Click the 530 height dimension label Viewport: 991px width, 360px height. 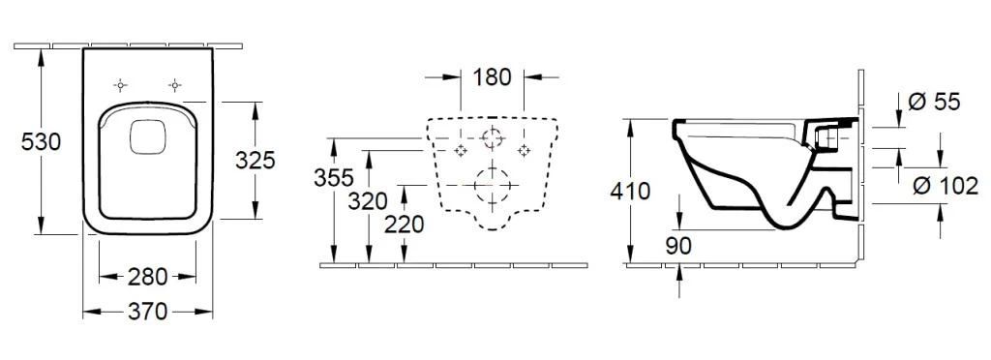point(41,142)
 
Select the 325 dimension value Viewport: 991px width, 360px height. point(255,161)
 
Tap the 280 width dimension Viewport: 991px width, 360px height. point(148,277)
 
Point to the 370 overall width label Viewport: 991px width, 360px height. point(148,312)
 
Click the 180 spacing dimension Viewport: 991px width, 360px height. point(492,77)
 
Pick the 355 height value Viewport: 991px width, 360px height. point(334,178)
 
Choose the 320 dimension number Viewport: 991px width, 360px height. point(367,201)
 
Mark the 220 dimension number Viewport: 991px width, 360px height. point(404,225)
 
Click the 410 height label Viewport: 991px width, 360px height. point(630,191)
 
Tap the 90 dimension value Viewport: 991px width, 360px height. point(679,247)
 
